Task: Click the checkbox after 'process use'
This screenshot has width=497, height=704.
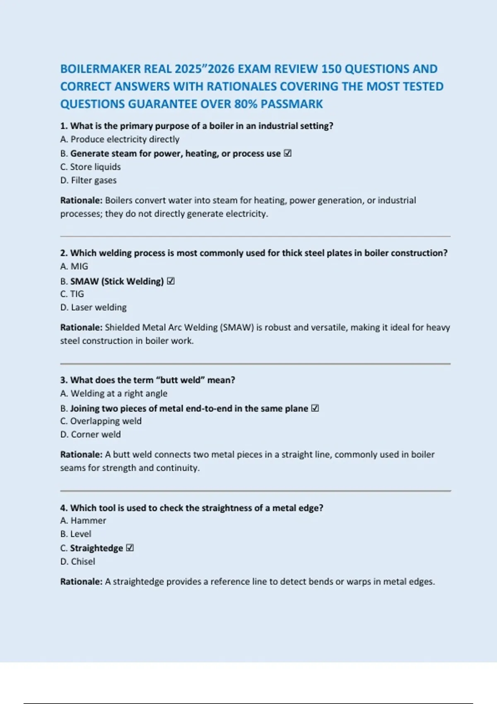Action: pyautogui.click(x=288, y=153)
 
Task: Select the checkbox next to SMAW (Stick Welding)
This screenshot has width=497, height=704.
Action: pyautogui.click(x=171, y=281)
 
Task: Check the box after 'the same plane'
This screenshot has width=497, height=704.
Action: pyautogui.click(x=315, y=408)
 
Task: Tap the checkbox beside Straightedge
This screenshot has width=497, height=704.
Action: pyautogui.click(x=130, y=548)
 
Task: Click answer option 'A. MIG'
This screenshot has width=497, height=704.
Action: pyautogui.click(x=74, y=266)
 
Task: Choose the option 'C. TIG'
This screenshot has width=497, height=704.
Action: pyautogui.click(x=72, y=294)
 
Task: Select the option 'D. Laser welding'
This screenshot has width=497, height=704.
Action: pyautogui.click(x=93, y=307)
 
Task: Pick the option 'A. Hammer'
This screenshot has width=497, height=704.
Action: pyautogui.click(x=83, y=521)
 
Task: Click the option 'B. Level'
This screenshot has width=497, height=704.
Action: pyautogui.click(x=75, y=534)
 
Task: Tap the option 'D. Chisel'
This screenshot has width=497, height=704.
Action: pyautogui.click(x=77, y=562)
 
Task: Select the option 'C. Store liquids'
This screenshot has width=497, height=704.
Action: pyautogui.click(x=90, y=167)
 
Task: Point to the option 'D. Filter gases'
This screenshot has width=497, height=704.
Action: pyautogui.click(x=88, y=180)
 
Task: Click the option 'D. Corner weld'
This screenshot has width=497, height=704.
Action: pyautogui.click(x=90, y=434)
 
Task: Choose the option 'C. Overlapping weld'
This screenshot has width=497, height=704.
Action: pyautogui.click(x=101, y=421)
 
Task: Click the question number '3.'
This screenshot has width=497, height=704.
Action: pyautogui.click(x=64, y=380)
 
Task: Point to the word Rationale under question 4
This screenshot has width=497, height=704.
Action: pyautogui.click(x=81, y=581)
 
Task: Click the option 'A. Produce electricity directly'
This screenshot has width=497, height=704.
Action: pyautogui.click(x=120, y=139)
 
